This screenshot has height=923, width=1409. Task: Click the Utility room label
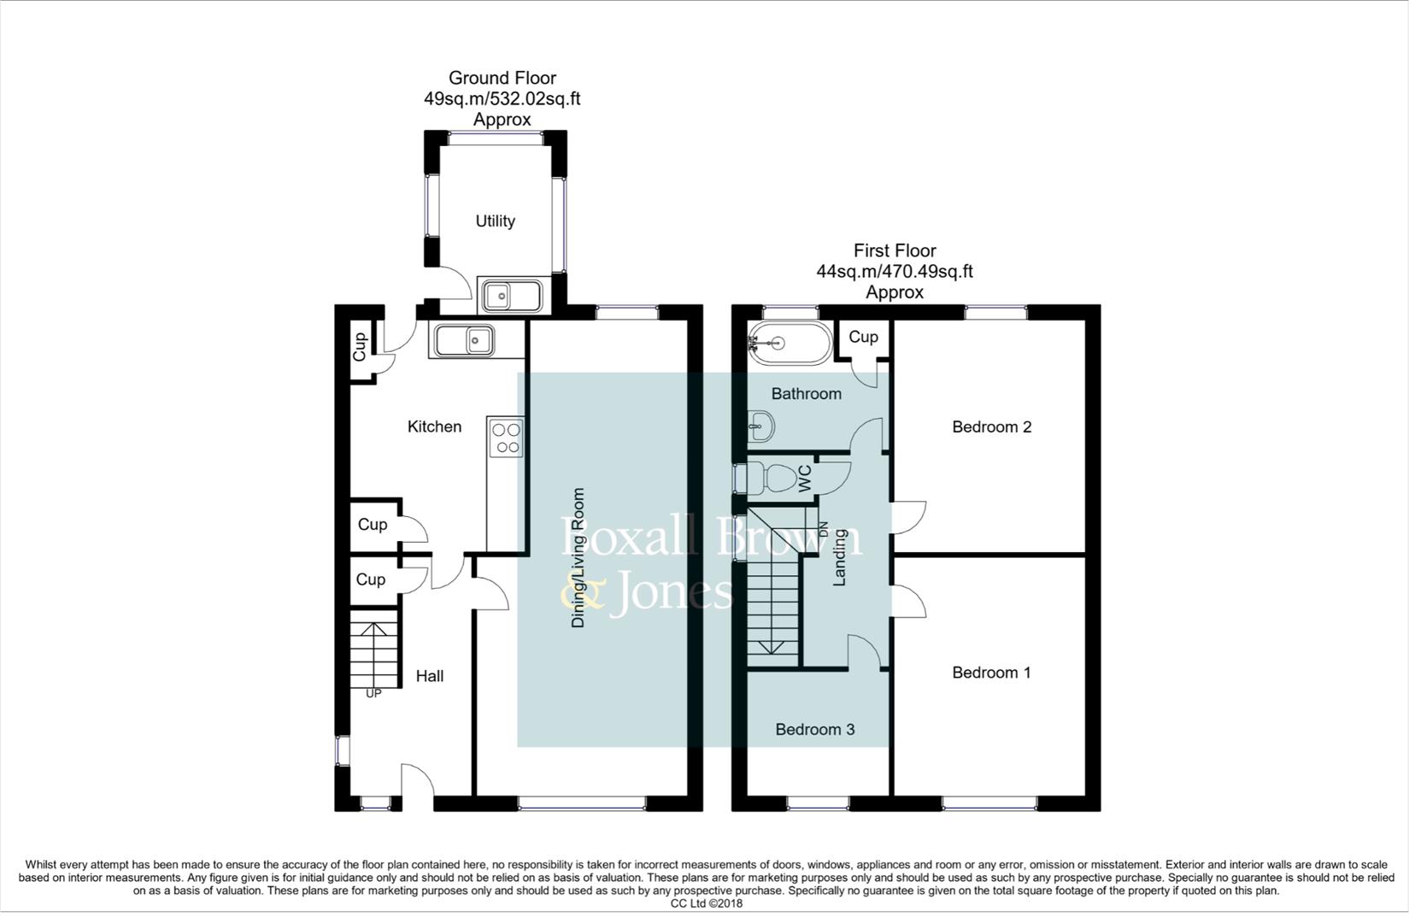point(495,221)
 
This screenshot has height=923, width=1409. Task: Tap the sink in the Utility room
point(510,297)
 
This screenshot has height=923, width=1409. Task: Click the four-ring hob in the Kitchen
point(505,438)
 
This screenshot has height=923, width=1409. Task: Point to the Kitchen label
point(434,426)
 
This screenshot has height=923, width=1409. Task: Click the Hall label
point(429,676)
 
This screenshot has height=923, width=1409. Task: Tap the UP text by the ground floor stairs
point(373,694)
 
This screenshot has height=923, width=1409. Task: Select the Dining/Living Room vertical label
point(578,558)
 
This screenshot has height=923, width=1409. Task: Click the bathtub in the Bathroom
point(788,344)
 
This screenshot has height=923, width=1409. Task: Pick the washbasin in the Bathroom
point(760,425)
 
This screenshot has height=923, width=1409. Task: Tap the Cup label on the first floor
point(863,337)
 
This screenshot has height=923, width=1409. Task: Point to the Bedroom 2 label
point(991,426)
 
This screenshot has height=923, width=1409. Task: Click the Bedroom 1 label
point(991,673)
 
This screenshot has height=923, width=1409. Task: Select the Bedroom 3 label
point(814,729)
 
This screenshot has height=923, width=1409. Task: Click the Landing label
point(839,557)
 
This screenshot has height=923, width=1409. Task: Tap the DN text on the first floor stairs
point(824,530)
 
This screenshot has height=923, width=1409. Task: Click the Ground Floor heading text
point(502,78)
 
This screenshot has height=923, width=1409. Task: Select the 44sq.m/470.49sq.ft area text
point(894,272)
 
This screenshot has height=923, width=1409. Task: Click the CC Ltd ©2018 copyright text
point(706,903)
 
